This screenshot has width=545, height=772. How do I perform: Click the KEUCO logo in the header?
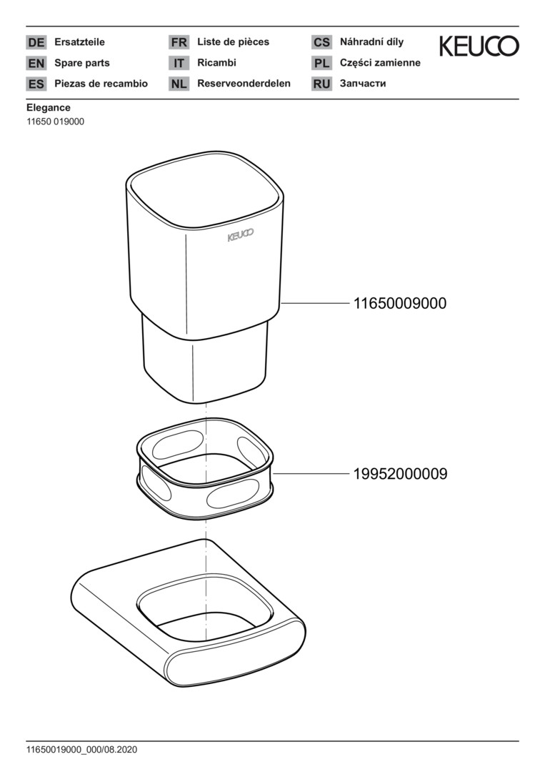479,46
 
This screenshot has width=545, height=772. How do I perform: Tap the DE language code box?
36,42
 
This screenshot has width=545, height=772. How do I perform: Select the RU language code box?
321,84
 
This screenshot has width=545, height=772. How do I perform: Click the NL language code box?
179,84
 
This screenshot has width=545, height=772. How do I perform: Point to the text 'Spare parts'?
81,63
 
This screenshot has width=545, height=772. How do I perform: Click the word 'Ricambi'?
216,62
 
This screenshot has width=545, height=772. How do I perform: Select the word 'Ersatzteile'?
79,42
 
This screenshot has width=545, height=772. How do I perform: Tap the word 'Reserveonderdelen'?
244,83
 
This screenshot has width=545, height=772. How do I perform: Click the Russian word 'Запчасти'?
363,84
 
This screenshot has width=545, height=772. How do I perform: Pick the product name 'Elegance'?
48,107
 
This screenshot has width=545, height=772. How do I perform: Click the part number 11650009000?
400,303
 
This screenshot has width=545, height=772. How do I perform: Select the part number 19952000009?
401,474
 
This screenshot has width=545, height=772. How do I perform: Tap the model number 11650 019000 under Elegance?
55,122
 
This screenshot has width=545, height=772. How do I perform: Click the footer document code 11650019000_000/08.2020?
81,750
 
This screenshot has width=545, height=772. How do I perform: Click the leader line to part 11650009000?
315,303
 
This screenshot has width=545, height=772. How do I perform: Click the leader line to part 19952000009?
311,474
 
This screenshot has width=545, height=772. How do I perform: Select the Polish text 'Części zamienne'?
380,62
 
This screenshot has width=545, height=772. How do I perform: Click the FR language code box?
179,42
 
